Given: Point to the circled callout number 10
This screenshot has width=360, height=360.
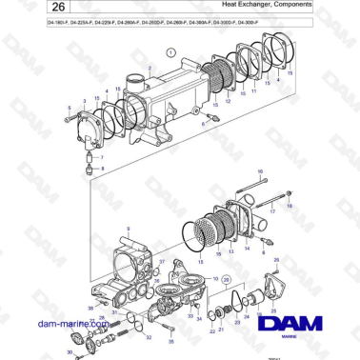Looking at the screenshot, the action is tap(216, 279).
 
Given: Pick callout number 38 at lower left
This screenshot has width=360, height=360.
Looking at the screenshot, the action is tap(91, 308).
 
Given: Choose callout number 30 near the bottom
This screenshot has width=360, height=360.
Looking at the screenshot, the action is tap(69, 352).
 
